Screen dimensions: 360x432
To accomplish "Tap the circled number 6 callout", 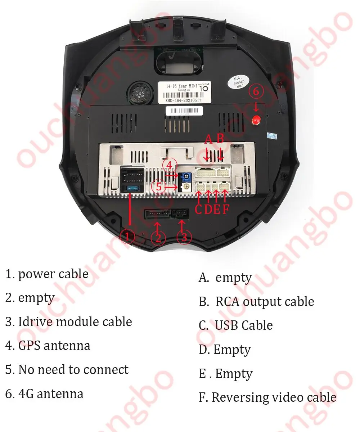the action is [x=256, y=92].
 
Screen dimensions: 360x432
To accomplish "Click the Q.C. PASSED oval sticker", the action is [x=239, y=82].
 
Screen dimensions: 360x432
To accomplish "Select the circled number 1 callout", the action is [x=127, y=237].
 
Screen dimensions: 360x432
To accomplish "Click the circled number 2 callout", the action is [x=158, y=237].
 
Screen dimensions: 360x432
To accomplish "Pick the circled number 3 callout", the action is [x=184, y=237].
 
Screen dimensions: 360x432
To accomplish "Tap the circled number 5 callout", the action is [x=159, y=187].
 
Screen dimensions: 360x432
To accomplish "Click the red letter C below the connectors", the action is [x=198, y=210].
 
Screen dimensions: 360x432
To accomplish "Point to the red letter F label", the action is [x=226, y=210].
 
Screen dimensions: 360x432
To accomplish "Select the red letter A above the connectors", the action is [x=208, y=139].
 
